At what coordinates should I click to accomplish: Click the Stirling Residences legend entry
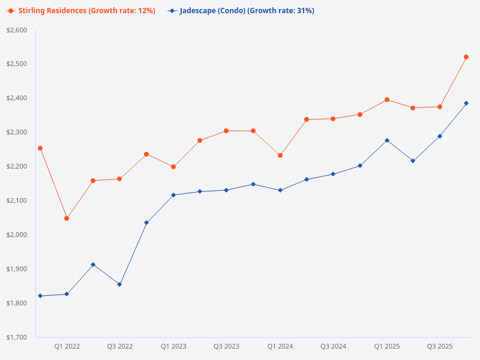click(x=80, y=11)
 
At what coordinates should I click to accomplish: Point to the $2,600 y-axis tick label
click(x=16, y=30)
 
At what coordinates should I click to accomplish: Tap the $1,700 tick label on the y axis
click(x=16, y=337)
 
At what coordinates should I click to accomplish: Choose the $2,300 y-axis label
click(x=16, y=133)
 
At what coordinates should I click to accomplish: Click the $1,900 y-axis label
click(x=16, y=269)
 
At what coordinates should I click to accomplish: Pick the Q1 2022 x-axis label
click(x=67, y=346)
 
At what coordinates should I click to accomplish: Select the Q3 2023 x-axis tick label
click(x=226, y=346)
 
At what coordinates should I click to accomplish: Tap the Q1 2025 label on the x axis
click(x=387, y=346)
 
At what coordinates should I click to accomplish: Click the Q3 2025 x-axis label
click(x=440, y=346)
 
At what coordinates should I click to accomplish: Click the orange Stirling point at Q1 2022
click(x=67, y=218)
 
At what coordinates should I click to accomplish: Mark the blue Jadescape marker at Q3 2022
click(x=119, y=284)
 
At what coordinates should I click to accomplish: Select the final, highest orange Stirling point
click(x=466, y=57)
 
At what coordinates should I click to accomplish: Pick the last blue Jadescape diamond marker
click(x=466, y=103)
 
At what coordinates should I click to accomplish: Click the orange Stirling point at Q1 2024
click(x=280, y=155)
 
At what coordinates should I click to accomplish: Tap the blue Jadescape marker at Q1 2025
click(x=387, y=140)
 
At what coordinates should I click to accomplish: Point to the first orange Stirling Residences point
click(x=40, y=148)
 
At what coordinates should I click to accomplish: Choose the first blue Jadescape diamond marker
click(x=40, y=296)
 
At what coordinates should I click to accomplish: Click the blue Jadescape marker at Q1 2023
click(x=173, y=195)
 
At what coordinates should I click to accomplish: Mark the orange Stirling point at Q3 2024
click(x=333, y=119)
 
